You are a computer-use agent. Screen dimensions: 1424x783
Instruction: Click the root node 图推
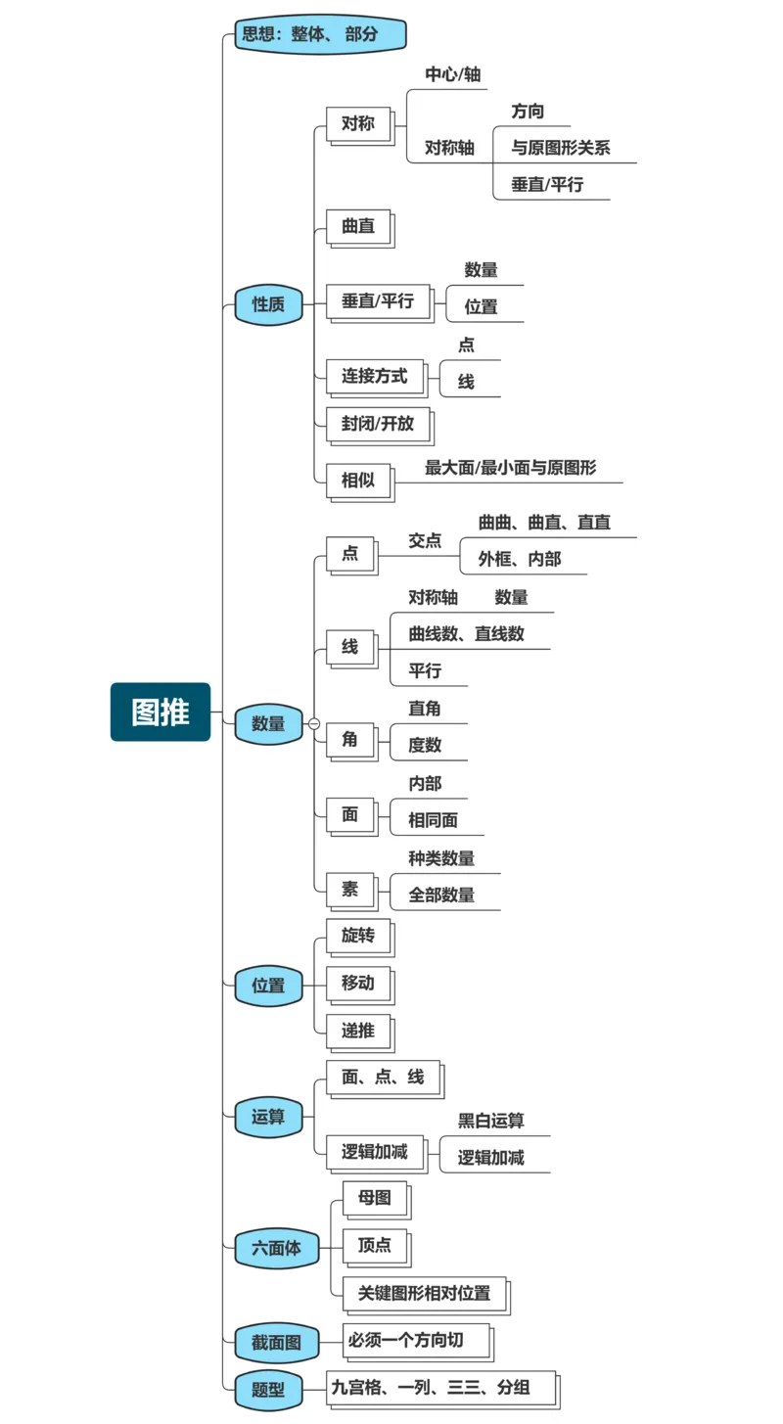[x=161, y=712]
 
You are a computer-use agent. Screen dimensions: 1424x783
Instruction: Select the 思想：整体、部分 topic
[x=320, y=35]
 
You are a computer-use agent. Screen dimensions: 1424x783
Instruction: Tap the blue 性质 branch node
[x=268, y=303]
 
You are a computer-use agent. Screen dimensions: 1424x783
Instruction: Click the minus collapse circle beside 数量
[x=314, y=723]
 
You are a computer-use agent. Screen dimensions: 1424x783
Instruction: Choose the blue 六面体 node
[x=277, y=1248]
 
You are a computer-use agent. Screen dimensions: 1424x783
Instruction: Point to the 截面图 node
[x=277, y=1343]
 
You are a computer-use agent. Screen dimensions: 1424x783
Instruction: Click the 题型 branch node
[x=268, y=1389]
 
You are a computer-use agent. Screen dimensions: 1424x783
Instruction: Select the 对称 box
[x=358, y=124]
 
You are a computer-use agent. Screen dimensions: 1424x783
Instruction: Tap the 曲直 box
[x=358, y=226]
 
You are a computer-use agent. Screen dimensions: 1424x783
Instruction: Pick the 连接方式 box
[x=375, y=376]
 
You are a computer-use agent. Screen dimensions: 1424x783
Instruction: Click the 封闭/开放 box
[x=377, y=425]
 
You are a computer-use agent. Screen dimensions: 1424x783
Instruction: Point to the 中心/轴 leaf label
[x=452, y=74]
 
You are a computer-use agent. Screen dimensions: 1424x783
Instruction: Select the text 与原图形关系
[x=561, y=148]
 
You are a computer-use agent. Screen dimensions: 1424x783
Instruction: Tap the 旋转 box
[x=358, y=935]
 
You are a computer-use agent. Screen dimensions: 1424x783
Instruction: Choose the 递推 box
[x=358, y=1031]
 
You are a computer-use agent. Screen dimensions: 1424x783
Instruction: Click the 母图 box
[x=374, y=1197]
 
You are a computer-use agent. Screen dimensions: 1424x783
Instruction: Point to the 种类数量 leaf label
[x=441, y=858]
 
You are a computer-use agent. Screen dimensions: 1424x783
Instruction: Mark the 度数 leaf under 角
[x=425, y=745]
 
